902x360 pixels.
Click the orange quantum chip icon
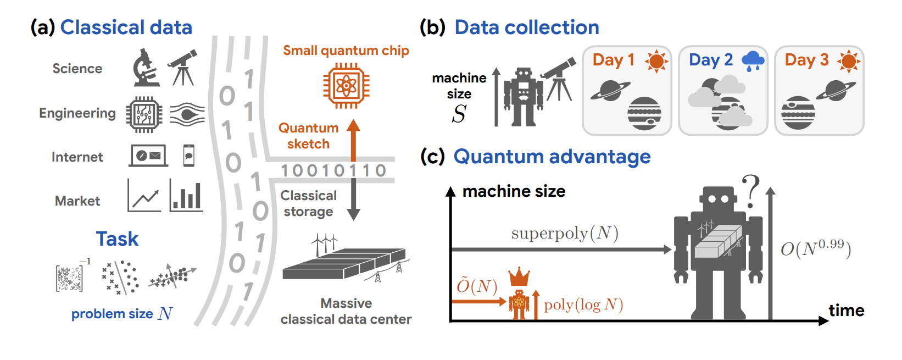[x=346, y=85]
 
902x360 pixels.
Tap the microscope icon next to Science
[x=145, y=68]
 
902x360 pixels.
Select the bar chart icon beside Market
[x=186, y=195]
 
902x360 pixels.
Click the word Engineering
[x=77, y=113]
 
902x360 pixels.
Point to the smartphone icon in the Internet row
[x=188, y=156]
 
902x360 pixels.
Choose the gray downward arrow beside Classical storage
[x=354, y=200]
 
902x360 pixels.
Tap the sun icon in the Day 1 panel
[x=656, y=60]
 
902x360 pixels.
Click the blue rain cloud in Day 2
[x=753, y=60]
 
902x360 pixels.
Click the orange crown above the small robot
[x=519, y=277]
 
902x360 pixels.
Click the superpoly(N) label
[x=565, y=234]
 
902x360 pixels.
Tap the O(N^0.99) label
[x=816, y=248]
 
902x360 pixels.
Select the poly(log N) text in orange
[x=583, y=305]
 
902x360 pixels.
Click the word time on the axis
[x=846, y=311]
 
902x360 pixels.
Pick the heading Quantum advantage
[x=552, y=157]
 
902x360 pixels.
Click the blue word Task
[x=117, y=239]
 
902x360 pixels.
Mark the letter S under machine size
[x=459, y=114]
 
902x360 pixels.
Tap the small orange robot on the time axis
[x=519, y=304]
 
